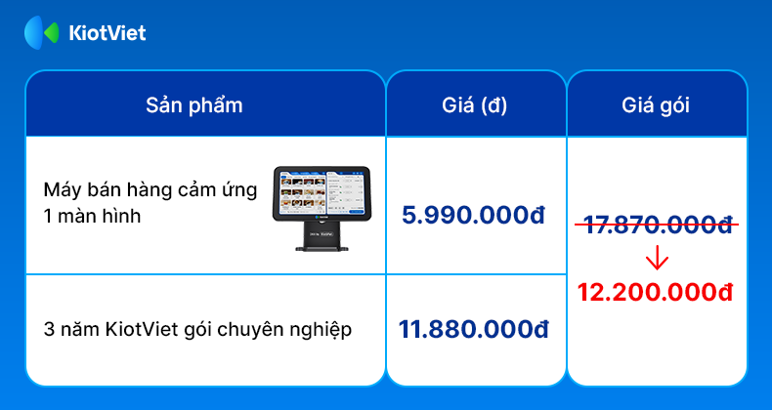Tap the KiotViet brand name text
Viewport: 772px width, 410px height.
(x=107, y=33)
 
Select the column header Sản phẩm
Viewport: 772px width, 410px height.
(x=194, y=105)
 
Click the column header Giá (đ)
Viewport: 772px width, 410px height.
(x=475, y=105)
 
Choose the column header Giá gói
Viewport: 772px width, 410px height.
(x=656, y=106)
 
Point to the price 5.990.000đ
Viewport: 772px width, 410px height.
(x=474, y=216)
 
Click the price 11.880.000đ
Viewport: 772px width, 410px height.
(x=473, y=329)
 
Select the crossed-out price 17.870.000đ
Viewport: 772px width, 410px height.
(x=657, y=225)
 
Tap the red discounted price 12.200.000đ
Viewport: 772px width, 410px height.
(x=656, y=293)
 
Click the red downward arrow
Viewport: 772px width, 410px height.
(x=657, y=260)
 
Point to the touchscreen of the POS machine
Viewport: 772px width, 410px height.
(x=321, y=192)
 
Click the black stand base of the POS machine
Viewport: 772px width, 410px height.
(x=322, y=247)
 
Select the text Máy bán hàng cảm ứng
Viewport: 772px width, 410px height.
(x=150, y=191)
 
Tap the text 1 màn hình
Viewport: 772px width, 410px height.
(x=92, y=216)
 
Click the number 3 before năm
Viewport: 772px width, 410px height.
(x=49, y=330)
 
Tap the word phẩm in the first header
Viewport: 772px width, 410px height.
(x=216, y=107)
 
